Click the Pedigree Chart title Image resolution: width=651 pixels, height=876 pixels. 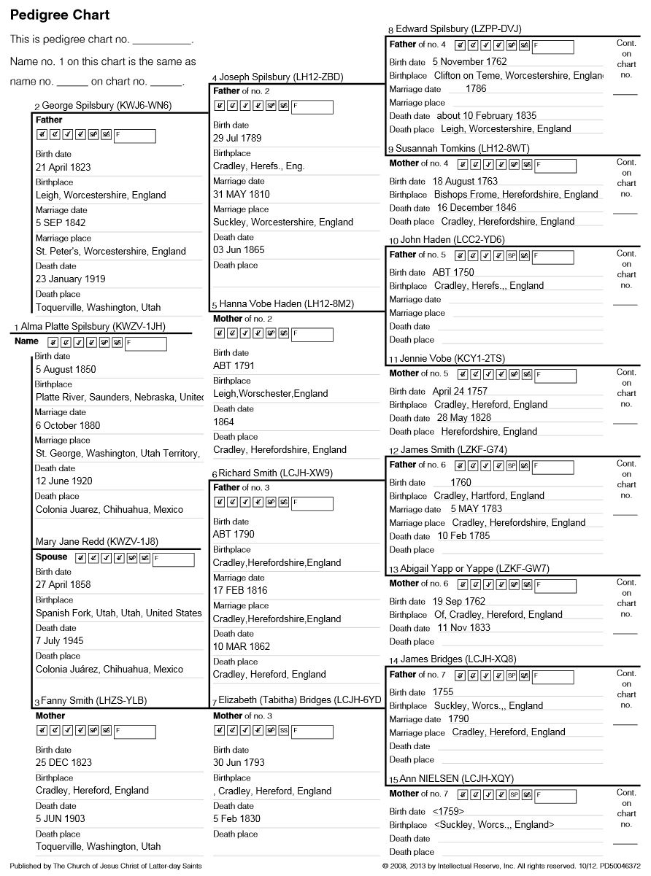[60, 15]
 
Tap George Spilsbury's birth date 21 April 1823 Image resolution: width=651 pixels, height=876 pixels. [63, 167]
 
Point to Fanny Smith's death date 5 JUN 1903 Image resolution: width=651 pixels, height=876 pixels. [61, 818]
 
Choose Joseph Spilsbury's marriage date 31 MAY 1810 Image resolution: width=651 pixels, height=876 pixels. [242, 194]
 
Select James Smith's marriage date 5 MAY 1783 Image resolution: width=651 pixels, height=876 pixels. [476, 508]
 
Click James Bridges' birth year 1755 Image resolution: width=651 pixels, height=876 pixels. [443, 691]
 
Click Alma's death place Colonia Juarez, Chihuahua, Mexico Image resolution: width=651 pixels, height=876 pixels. [109, 509]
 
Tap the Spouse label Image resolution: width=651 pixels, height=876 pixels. [51, 557]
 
